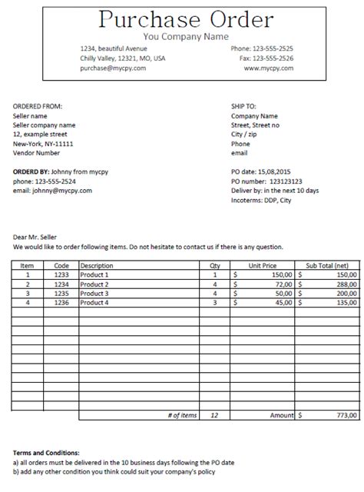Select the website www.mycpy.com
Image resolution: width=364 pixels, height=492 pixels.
(x=269, y=68)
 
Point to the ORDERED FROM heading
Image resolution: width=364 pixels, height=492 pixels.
(x=38, y=105)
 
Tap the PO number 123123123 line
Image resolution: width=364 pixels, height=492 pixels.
(x=266, y=181)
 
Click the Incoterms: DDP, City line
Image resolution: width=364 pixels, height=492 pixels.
(x=261, y=200)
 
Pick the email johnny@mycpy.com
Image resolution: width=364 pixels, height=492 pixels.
(x=52, y=191)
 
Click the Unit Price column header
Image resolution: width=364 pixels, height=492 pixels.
(x=261, y=265)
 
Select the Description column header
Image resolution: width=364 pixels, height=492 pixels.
(x=97, y=265)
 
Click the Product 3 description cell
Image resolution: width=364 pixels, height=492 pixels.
(x=94, y=293)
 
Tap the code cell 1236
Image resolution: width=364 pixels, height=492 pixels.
(x=61, y=302)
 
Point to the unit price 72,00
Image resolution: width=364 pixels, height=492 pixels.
(x=281, y=284)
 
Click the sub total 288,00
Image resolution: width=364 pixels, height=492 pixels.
(x=346, y=284)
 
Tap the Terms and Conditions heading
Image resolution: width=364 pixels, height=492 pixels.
(x=46, y=454)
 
